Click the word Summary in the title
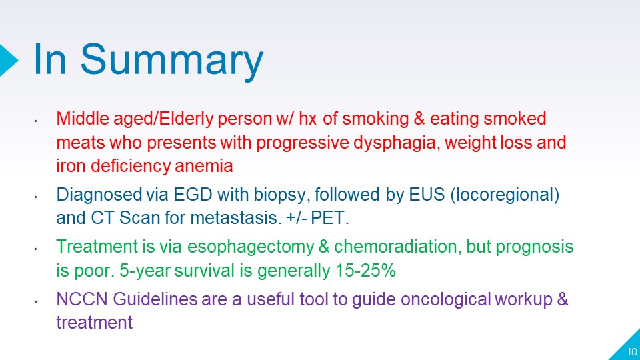click(x=172, y=61)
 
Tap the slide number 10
click(x=632, y=351)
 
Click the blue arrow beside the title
click(x=8, y=60)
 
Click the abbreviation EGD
click(x=193, y=194)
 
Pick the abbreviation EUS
click(x=427, y=194)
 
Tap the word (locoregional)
click(x=505, y=195)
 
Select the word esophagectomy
click(x=251, y=247)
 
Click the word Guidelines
click(x=155, y=299)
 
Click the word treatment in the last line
click(x=94, y=323)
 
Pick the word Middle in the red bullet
click(x=83, y=119)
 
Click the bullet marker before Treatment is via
click(x=36, y=249)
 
